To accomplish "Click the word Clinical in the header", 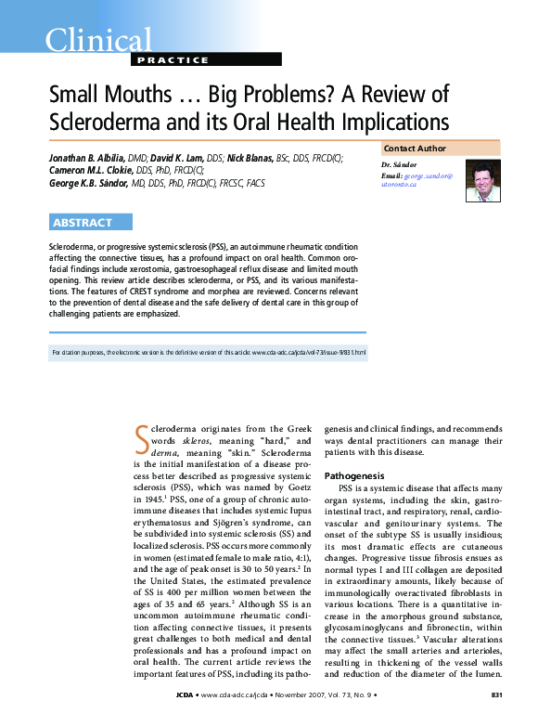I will pos(97,40).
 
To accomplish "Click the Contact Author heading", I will pos(415,149).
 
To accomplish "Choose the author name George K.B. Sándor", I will pos(100,183).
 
